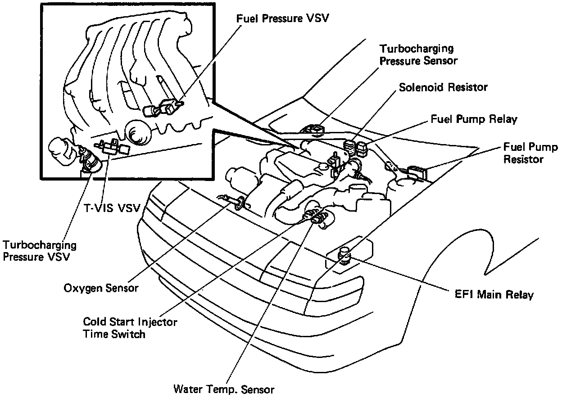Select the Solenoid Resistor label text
pyautogui.click(x=443, y=87)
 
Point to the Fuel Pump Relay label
pyautogui.click(x=474, y=119)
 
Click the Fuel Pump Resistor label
pyautogui.click(x=530, y=153)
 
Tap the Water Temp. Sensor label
pyautogui.click(x=224, y=389)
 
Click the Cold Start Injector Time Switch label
pyautogui.click(x=130, y=328)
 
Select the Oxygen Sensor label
pyautogui.click(x=100, y=287)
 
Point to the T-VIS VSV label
pyautogui.click(x=113, y=208)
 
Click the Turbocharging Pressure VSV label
pyautogui.click(x=40, y=251)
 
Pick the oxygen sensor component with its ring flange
pyautogui.click(x=240, y=203)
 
